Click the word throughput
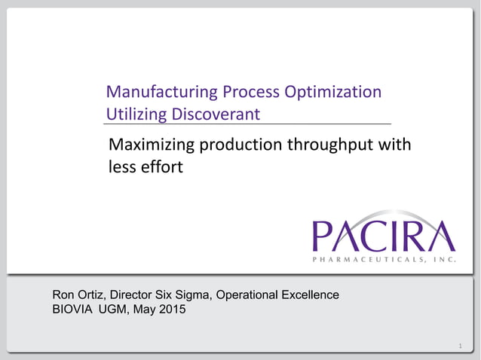tap(332, 145)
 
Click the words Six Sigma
tap(188, 294)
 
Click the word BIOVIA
tap(74, 309)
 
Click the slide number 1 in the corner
tap(459, 346)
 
